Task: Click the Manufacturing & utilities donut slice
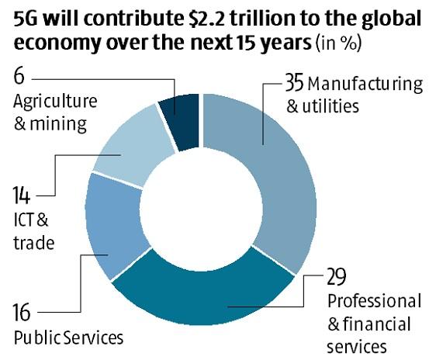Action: [279, 171]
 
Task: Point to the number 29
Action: [335, 278]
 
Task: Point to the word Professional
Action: [374, 300]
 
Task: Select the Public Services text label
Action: [68, 338]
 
